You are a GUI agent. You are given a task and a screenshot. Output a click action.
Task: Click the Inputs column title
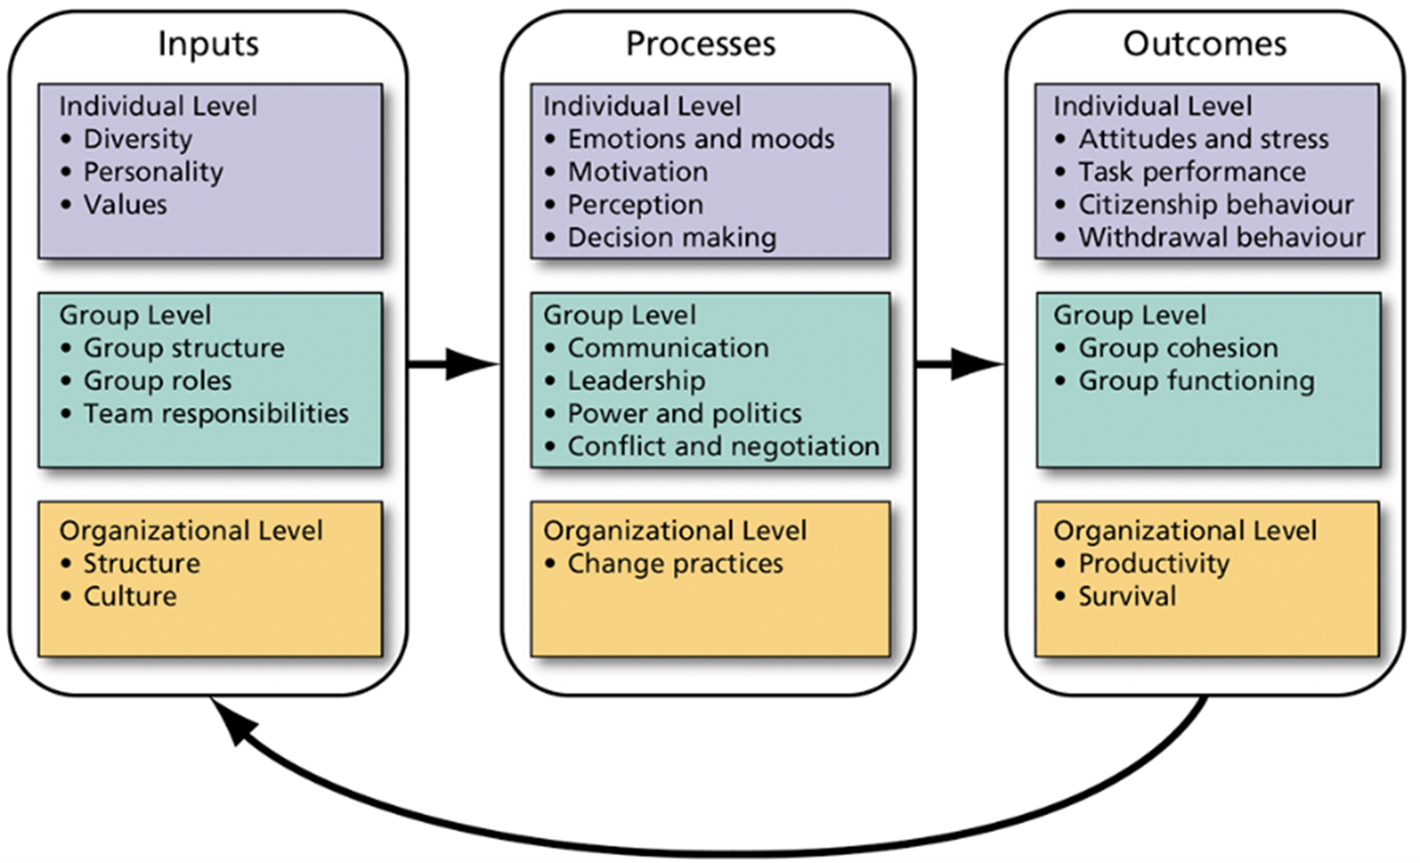click(x=208, y=44)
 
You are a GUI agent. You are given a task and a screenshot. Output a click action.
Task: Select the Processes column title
click(x=700, y=44)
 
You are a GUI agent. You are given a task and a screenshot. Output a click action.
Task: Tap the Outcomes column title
click(x=1205, y=44)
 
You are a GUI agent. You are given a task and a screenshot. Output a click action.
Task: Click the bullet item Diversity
click(x=137, y=139)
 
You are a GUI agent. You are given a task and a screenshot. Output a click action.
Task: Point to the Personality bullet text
click(x=153, y=172)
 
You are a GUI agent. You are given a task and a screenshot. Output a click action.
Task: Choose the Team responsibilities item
click(x=215, y=413)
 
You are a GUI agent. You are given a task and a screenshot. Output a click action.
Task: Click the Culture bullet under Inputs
click(x=129, y=596)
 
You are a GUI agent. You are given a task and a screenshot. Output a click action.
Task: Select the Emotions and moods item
click(x=700, y=139)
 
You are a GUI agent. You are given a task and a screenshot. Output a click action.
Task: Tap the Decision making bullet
click(x=671, y=237)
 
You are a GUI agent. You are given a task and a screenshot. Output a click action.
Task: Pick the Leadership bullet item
click(x=636, y=380)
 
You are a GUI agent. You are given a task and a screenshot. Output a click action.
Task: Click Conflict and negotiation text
click(x=723, y=446)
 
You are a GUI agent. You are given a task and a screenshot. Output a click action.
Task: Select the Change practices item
click(x=674, y=563)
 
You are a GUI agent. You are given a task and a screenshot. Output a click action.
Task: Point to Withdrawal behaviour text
click(x=1221, y=237)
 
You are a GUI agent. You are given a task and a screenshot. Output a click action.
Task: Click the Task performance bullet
click(x=1192, y=172)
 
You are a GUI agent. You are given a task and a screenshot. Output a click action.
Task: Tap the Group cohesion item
click(x=1178, y=348)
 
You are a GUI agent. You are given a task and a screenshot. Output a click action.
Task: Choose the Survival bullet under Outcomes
click(x=1127, y=596)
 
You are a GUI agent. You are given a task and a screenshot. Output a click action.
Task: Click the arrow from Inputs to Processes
click(x=453, y=364)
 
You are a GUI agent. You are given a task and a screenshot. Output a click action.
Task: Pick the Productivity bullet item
click(x=1154, y=563)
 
